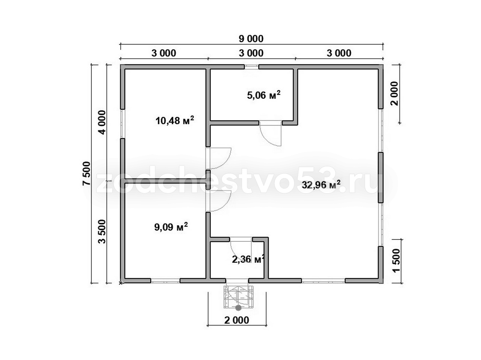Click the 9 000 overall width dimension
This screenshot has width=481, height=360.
coord(251,39)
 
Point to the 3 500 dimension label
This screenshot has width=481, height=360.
coord(102,232)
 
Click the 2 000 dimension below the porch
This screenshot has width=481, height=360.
coord(237,320)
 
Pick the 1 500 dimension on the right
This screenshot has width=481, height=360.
coord(396,261)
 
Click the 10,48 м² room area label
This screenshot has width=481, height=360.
coord(175,120)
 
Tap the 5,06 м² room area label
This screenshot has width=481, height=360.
coord(264,95)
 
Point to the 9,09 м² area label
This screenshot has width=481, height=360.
coord(171,227)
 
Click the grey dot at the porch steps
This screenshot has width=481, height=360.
coord(238,308)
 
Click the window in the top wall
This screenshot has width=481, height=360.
coord(251,66)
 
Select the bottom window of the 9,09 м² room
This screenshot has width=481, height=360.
coord(165,280)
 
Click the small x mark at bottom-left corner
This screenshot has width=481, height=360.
coord(120,283)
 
